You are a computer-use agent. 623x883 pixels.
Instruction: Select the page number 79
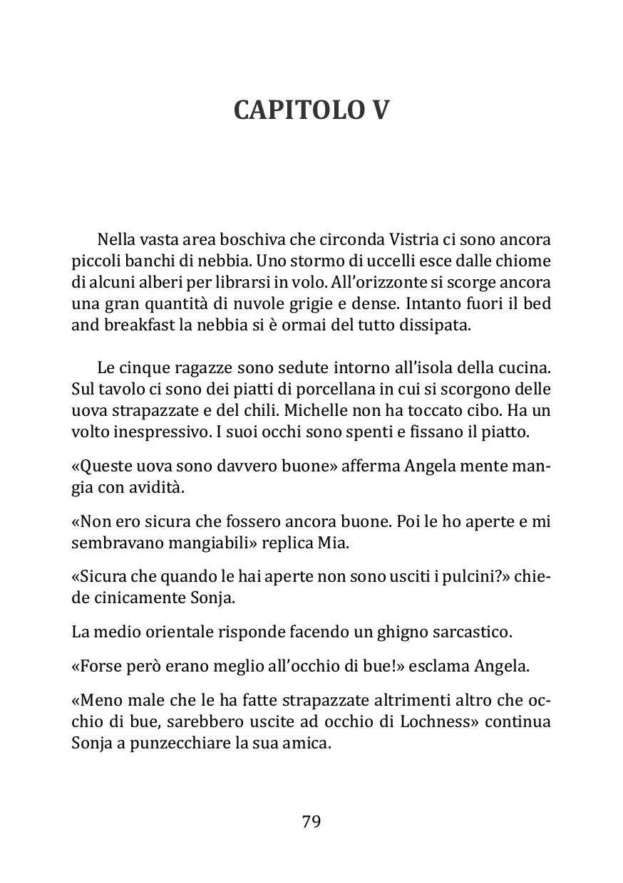click(x=311, y=821)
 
